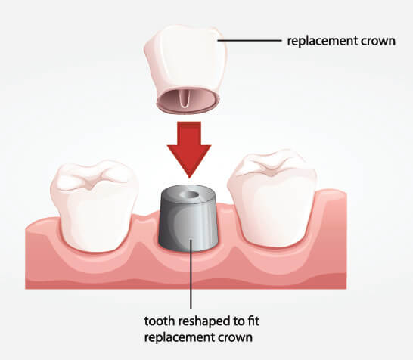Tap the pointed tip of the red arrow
(x=189, y=178)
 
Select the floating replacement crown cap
(x=185, y=70)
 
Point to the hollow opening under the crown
(x=188, y=101)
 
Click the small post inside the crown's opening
(x=184, y=99)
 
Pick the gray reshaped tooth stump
(x=188, y=218)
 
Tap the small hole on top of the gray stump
(x=190, y=195)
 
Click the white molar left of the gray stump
(x=95, y=206)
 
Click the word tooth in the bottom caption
(x=160, y=321)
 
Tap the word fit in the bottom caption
(x=253, y=321)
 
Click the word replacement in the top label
(x=321, y=42)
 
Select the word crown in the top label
(x=378, y=42)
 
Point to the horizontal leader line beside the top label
(x=250, y=41)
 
